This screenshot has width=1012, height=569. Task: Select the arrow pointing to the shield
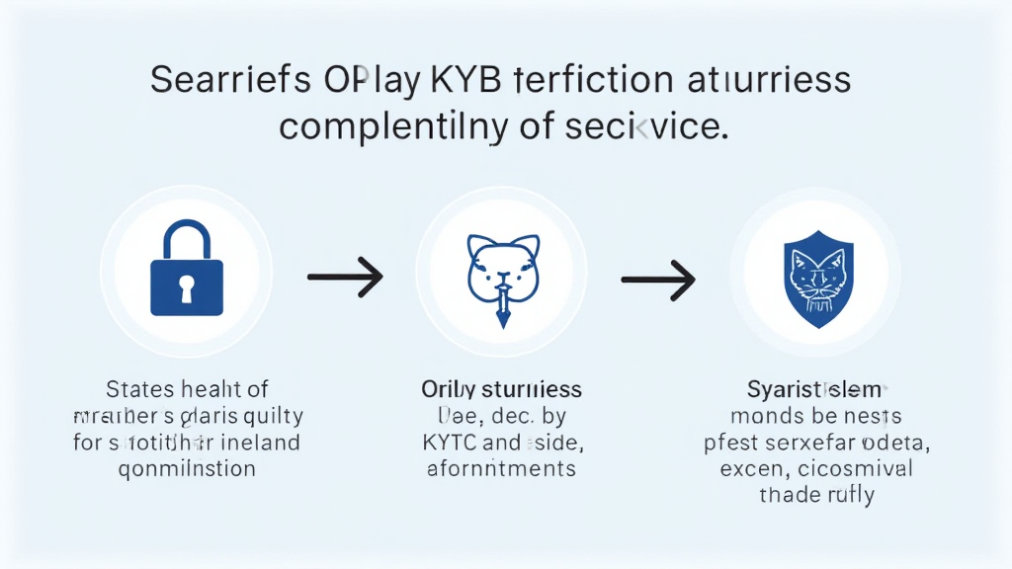659,280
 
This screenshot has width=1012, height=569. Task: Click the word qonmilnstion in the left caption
187,468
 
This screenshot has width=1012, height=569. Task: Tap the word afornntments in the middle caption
501,468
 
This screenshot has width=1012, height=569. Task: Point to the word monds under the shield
767,416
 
